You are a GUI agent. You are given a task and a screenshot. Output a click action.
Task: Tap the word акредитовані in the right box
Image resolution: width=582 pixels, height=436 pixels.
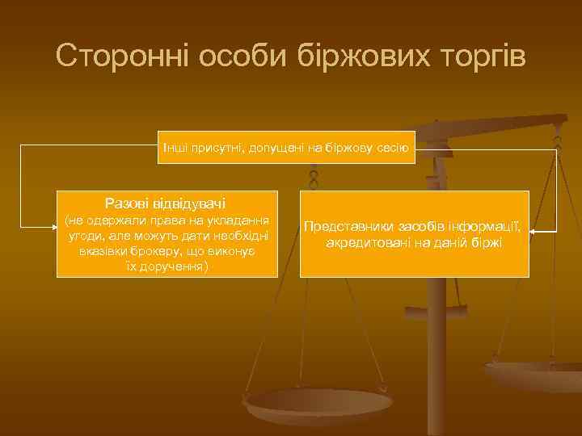tap(365, 242)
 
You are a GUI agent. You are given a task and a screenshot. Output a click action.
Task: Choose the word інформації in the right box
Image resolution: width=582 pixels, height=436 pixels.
tap(487, 227)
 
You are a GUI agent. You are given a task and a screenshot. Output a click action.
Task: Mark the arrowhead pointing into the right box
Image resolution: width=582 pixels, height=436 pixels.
tap(534, 233)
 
